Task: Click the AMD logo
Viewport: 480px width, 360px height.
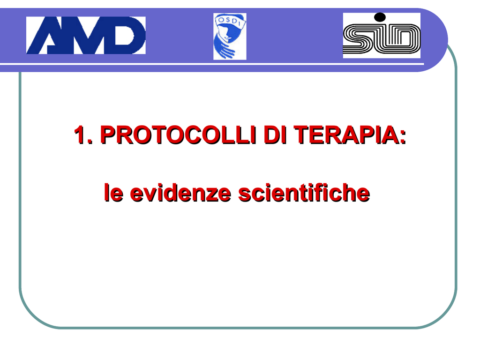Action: point(86,35)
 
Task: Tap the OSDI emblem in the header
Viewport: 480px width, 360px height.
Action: point(230,37)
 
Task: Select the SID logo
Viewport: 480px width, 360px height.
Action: point(382,36)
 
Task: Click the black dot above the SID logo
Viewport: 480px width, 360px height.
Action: point(380,17)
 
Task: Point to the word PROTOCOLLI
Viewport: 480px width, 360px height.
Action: point(178,135)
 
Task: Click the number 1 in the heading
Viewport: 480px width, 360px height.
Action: point(81,135)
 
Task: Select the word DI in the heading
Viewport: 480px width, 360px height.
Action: point(275,135)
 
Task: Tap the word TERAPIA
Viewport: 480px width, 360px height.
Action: point(346,135)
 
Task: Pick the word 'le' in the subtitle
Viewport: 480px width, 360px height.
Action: point(113,193)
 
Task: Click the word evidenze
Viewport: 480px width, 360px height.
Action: point(180,193)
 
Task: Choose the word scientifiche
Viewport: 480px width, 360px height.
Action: point(304,193)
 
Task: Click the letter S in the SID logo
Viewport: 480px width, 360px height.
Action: point(358,39)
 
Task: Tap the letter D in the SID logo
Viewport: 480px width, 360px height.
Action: point(404,39)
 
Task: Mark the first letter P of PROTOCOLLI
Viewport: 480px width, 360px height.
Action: point(108,135)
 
